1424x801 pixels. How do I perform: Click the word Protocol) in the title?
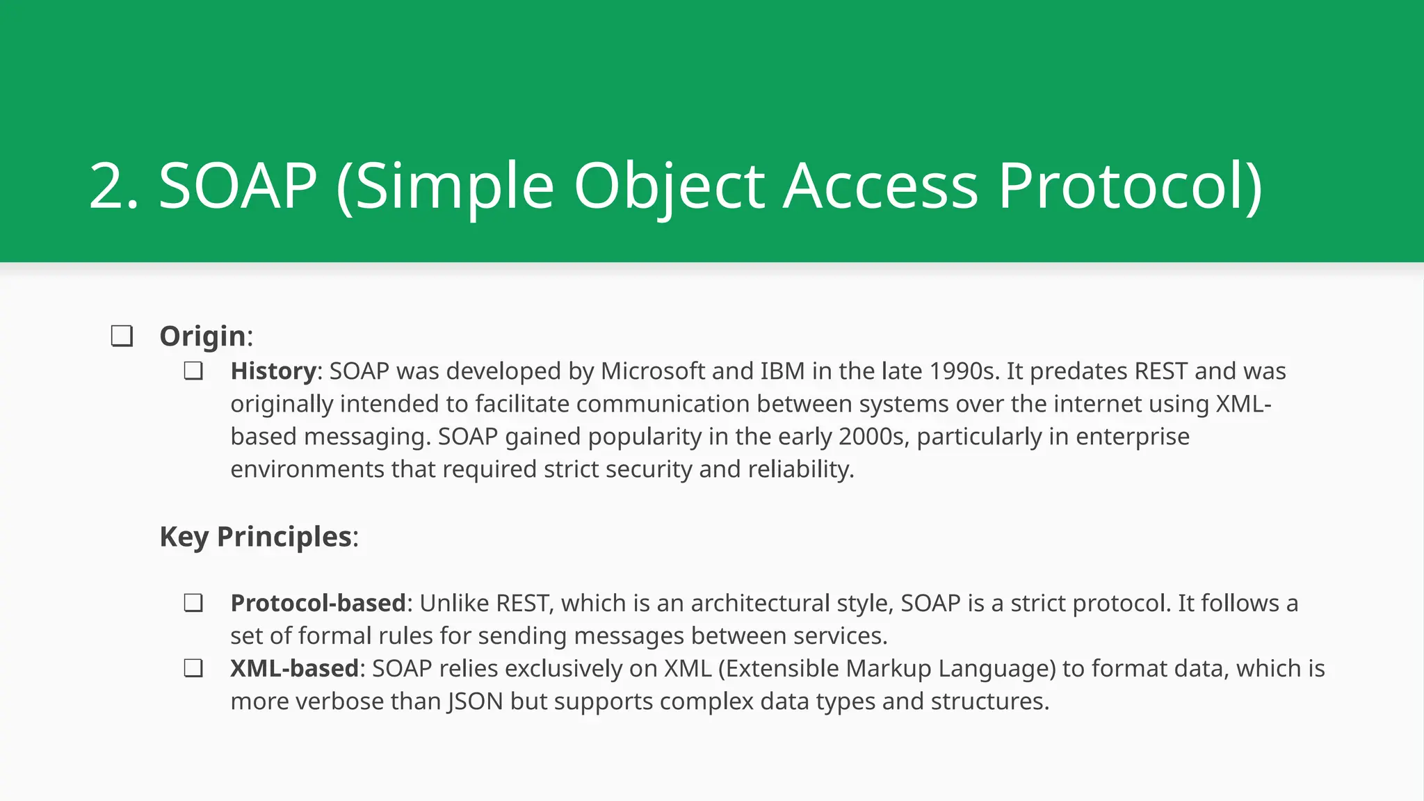1130,186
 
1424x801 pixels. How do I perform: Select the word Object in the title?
669,186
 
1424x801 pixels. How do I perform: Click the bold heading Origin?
202,337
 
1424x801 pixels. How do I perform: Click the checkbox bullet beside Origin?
122,337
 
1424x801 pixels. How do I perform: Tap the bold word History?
273,371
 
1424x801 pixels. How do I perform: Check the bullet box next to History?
193,371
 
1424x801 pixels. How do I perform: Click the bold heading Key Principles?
256,537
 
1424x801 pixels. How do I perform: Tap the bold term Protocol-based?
318,603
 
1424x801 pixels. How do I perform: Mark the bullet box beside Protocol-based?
193,603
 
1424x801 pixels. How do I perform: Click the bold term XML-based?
294,668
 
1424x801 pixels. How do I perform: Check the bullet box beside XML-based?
193,668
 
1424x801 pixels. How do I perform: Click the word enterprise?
1133,437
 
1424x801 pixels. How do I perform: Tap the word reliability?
800,469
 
